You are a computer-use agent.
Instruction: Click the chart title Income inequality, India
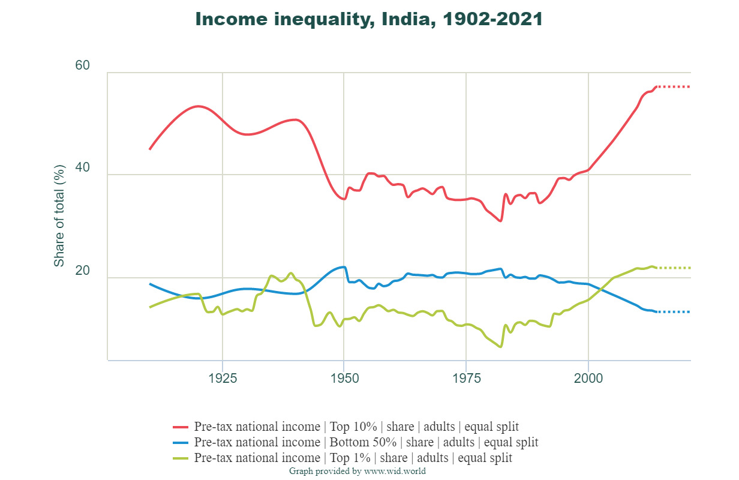coord(369,19)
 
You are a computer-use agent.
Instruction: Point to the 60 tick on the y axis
coord(82,65)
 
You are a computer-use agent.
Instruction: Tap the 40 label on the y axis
coord(82,168)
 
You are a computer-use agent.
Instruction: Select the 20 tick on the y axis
coord(82,271)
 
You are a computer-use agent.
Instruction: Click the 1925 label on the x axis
coord(223,379)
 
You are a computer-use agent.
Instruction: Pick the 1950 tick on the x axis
coord(344,379)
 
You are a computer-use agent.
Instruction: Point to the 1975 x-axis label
coord(466,379)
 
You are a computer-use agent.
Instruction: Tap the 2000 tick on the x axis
coord(588,379)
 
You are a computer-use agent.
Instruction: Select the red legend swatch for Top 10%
coord(181,427)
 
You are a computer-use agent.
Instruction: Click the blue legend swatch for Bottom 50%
coord(181,443)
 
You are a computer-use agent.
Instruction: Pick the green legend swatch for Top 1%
coord(181,458)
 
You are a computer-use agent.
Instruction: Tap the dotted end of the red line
coord(674,87)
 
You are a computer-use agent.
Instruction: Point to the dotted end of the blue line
coord(674,312)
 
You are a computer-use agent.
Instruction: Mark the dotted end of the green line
coord(674,268)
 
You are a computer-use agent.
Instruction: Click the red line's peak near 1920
coord(198,106)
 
